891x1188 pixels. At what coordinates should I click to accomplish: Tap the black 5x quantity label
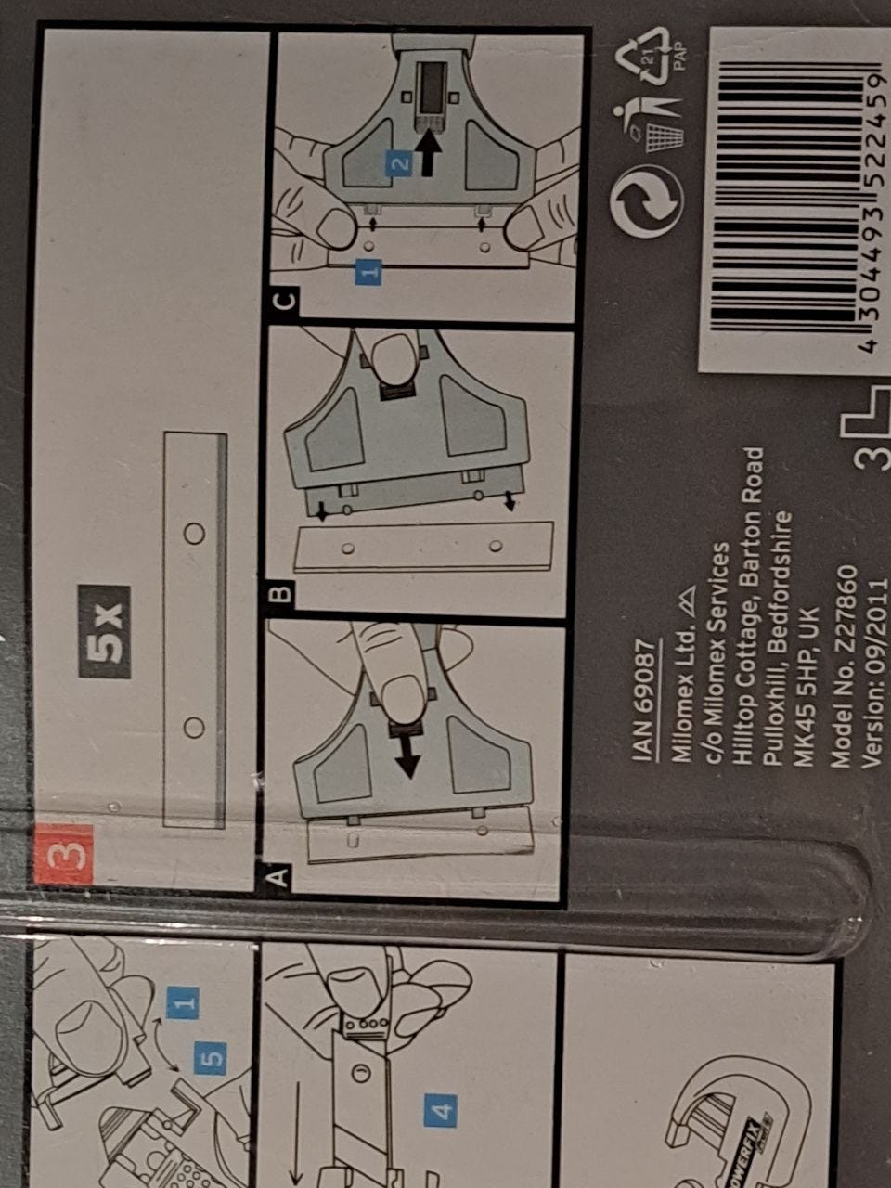point(104,632)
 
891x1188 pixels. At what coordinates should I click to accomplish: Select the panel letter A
point(278,876)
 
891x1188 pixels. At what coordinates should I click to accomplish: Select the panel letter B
point(281,595)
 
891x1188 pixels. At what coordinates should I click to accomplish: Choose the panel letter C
point(286,300)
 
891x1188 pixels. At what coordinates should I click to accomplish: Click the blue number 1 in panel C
point(368,272)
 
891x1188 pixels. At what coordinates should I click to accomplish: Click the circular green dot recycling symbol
point(647,200)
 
